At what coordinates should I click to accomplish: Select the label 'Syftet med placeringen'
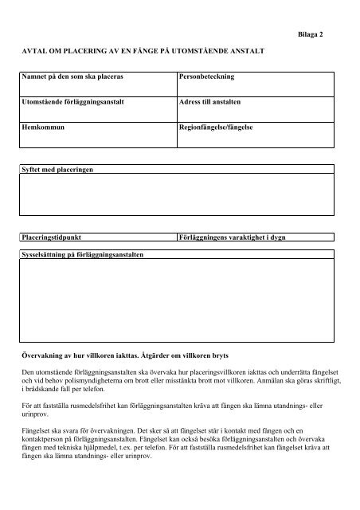tap(57, 171)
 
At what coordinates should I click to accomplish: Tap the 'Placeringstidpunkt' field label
tap(53, 237)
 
